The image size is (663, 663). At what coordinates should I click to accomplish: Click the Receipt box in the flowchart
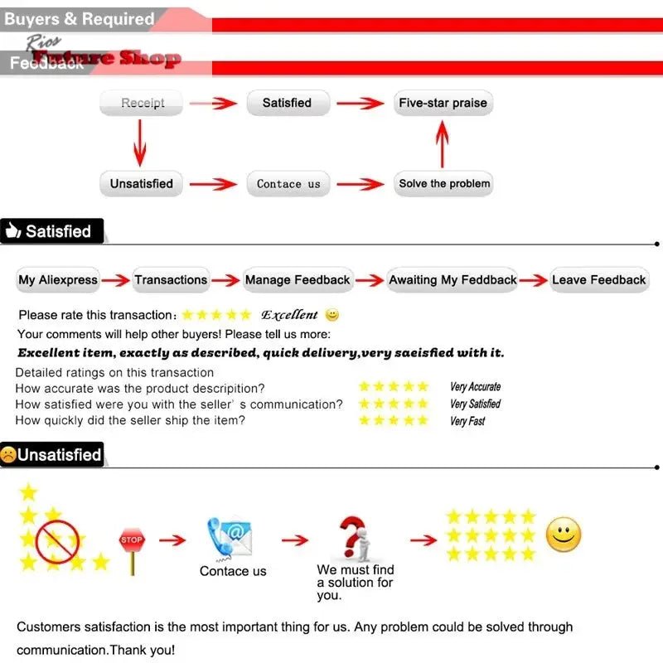tap(142, 104)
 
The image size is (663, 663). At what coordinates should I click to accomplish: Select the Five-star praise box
tap(443, 104)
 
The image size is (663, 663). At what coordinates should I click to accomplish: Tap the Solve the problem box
tap(444, 184)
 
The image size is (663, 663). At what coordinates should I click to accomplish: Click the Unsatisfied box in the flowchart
tap(142, 184)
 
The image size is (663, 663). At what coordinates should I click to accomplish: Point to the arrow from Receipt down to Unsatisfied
tap(140, 143)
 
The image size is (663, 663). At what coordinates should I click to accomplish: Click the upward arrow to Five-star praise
tap(443, 143)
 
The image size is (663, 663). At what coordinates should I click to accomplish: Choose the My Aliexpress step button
tap(58, 280)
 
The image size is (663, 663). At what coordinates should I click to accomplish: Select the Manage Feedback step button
tap(298, 280)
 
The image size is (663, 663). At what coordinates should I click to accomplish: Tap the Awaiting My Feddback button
tap(452, 280)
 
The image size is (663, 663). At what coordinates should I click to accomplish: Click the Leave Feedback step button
tap(598, 280)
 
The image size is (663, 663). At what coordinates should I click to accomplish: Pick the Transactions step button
tap(171, 280)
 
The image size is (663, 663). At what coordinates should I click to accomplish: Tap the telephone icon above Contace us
tap(230, 537)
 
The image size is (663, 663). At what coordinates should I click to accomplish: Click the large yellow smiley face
tap(564, 535)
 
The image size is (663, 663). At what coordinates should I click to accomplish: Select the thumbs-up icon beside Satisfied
tap(12, 232)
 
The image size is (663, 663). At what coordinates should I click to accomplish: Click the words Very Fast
tap(467, 421)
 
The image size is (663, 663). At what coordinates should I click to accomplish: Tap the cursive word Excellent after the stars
tap(289, 315)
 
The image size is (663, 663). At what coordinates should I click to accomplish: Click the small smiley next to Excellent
tap(332, 315)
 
